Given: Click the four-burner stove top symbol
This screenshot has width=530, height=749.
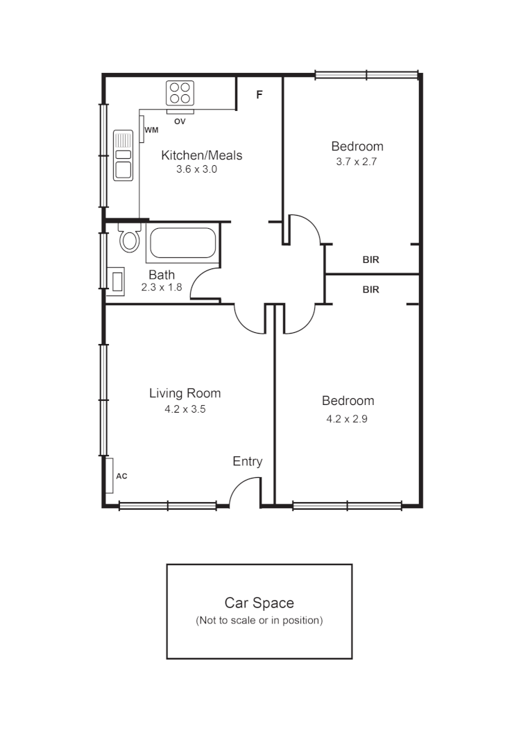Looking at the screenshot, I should tap(180, 93).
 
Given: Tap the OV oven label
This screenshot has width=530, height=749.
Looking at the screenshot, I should tap(180, 121).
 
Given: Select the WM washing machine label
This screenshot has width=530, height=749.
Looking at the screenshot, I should tap(151, 130).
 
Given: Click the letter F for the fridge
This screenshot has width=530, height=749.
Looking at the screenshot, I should tap(259, 95).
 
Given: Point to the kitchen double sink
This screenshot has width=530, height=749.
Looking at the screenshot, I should tap(123, 155).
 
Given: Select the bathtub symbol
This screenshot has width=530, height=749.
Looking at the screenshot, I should tap(182, 243).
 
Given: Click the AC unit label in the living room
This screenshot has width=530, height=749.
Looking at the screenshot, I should tap(121, 476).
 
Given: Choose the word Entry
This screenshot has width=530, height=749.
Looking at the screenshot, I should tap(247, 461).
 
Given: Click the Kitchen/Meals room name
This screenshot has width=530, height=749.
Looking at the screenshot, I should tap(202, 155).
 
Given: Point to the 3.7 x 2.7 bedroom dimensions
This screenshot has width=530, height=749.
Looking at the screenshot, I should tap(357, 162).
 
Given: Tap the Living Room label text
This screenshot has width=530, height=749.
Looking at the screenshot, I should tap(185, 393).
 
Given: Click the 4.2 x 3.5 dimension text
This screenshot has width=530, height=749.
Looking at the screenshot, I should tap(185, 409).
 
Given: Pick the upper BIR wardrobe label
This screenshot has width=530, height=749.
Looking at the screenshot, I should tap(371, 261).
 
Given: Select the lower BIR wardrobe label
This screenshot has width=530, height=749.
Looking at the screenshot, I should tap(371, 290).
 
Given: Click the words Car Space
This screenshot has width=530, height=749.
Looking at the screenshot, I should tap(259, 603).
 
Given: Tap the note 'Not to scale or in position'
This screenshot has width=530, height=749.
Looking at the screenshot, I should tap(259, 620).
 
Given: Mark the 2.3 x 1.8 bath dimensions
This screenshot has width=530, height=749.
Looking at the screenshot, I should tap(162, 287).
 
